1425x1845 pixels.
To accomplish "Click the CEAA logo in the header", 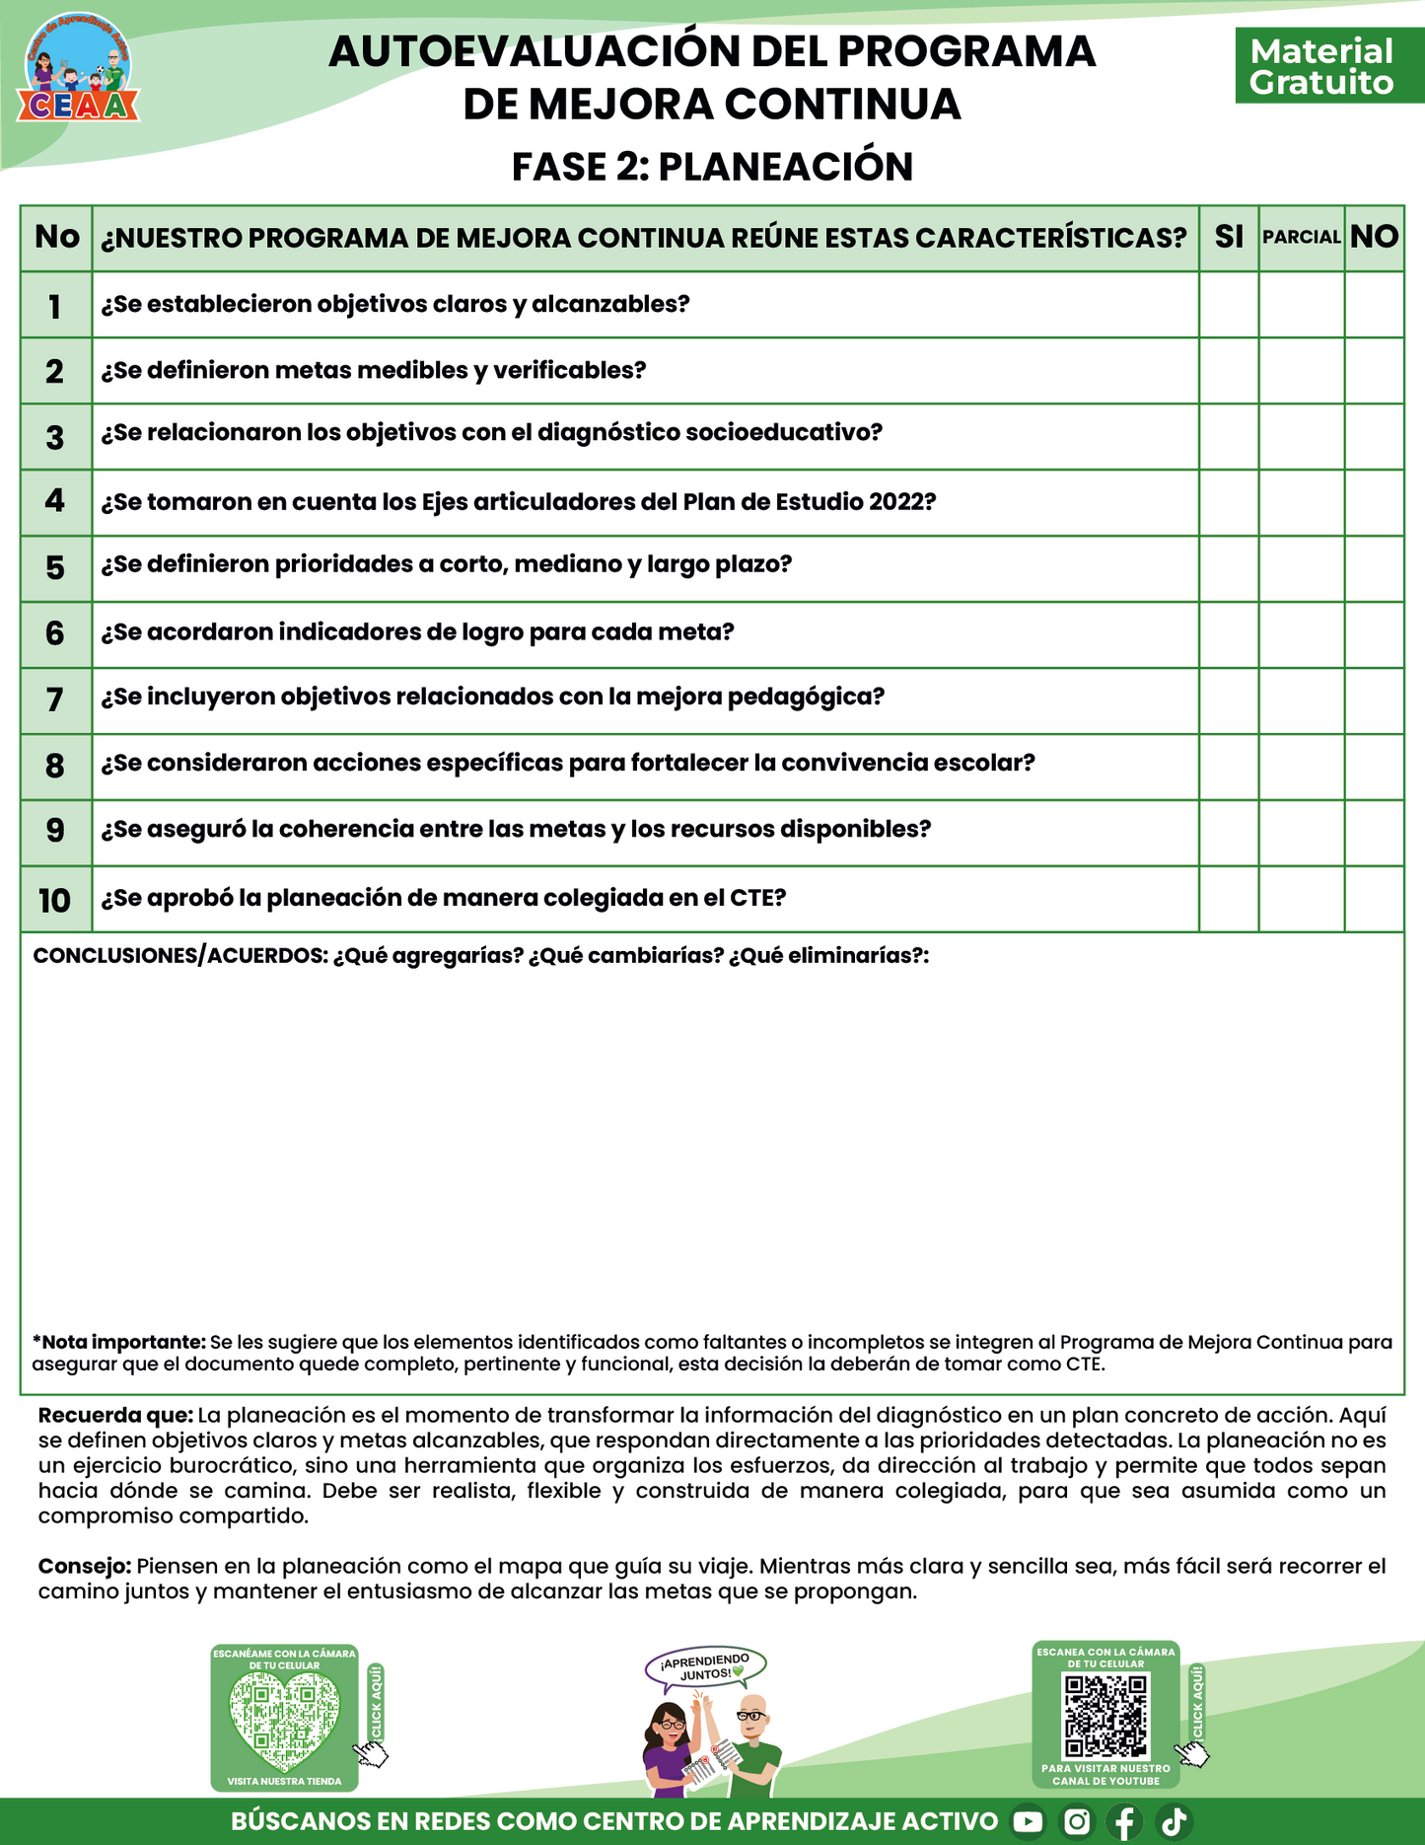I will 78,68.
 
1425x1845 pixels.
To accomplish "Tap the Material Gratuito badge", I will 1321,66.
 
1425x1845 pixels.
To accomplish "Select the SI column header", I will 1229,237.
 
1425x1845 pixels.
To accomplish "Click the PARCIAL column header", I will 1301,237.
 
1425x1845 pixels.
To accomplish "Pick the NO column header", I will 1374,237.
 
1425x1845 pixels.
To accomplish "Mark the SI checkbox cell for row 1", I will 1229,305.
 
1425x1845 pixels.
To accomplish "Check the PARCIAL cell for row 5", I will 1301,568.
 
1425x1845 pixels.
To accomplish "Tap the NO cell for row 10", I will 1374,899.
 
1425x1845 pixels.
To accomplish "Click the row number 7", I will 55,700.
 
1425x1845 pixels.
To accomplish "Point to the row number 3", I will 55,437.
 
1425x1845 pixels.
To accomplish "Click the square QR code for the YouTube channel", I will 1105,1717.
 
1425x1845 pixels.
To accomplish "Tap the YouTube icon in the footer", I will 1028,1821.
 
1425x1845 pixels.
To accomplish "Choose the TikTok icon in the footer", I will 1174,1821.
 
